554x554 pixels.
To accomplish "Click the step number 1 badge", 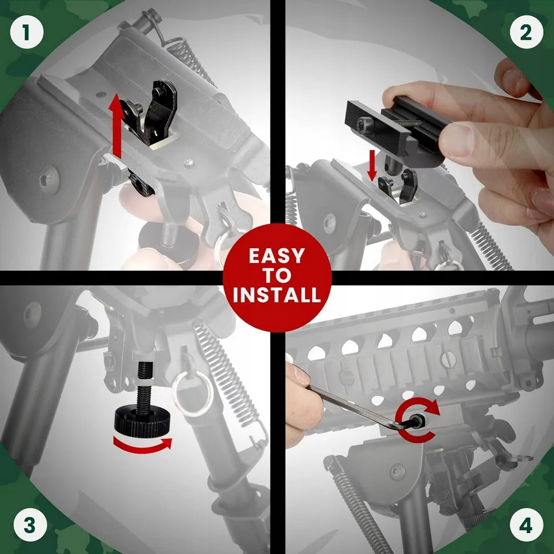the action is point(27,32).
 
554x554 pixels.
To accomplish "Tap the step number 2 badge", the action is point(527,32).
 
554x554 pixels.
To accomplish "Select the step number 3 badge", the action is point(30,525).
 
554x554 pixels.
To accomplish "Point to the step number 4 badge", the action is point(527,525).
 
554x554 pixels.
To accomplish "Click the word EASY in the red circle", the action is point(276,256).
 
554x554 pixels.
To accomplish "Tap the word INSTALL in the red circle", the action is point(277,295).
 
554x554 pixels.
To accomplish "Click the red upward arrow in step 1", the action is point(116,125).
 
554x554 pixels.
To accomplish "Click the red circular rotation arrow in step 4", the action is point(417,420).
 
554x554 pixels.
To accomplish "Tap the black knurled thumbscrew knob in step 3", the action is point(142,421).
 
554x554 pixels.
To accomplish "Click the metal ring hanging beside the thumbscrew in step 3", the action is point(192,394).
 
